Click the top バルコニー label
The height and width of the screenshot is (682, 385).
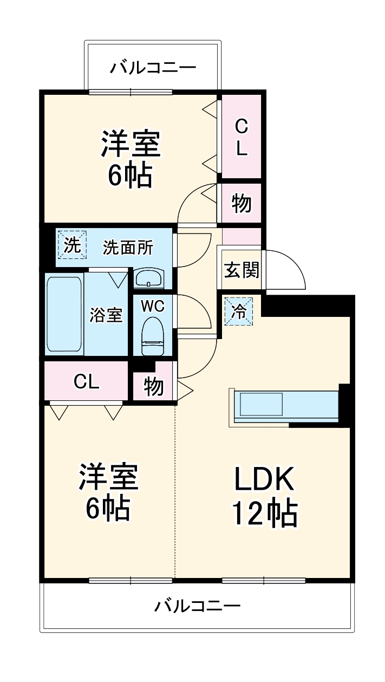153,68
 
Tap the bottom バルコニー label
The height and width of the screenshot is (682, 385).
197,605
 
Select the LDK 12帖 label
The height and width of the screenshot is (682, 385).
264,495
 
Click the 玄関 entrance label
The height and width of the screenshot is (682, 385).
242,270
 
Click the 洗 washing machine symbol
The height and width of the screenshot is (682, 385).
71,246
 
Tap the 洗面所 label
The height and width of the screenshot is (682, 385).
128,248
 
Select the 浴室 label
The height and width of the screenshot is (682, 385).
106,315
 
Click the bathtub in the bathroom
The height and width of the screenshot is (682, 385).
64,314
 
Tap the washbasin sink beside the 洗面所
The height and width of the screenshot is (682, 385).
148,278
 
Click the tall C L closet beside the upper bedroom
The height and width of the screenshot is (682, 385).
242,137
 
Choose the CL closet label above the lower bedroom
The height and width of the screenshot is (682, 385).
87,382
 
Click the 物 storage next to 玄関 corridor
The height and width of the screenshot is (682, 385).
242,204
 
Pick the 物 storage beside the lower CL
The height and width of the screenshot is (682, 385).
154,387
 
